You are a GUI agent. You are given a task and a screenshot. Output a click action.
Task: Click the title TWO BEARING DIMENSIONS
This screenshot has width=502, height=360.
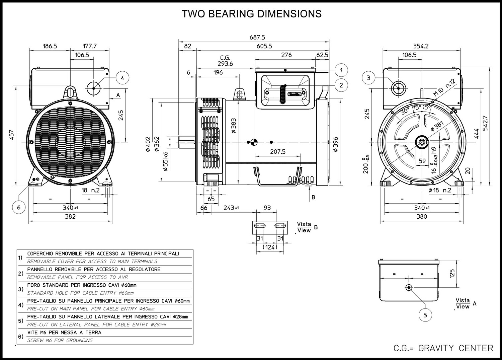click(251, 14)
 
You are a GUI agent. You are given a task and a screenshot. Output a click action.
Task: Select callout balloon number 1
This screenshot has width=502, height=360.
click(341, 70)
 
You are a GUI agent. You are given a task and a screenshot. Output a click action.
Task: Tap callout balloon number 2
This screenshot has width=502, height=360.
click(341, 85)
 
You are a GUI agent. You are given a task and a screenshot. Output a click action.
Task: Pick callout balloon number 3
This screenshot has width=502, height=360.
click(369, 78)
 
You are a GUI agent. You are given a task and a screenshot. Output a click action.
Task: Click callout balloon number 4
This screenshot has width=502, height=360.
click(122, 78)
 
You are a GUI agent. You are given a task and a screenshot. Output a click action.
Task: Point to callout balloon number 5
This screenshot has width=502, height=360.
click(425, 315)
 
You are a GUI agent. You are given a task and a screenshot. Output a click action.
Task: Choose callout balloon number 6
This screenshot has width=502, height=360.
click(19, 207)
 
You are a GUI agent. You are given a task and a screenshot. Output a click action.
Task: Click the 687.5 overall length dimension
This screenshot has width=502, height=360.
click(257, 38)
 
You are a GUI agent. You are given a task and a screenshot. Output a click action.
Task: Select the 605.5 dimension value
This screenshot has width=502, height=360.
click(264, 46)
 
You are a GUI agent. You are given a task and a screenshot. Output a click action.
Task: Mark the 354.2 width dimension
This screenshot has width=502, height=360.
click(421, 46)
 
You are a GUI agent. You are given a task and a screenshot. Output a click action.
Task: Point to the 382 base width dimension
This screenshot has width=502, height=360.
click(70, 217)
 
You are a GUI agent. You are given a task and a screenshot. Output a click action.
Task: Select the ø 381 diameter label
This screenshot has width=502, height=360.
click(437, 125)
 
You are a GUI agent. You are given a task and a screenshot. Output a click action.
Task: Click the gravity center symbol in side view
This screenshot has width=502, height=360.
click(253, 142)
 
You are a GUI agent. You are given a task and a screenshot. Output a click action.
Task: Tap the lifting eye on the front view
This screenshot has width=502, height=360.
click(70, 91)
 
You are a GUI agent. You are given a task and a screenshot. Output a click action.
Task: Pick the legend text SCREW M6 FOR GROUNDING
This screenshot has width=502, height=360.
click(60, 340)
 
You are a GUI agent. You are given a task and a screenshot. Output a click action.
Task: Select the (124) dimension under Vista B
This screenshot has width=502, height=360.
click(270, 247)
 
